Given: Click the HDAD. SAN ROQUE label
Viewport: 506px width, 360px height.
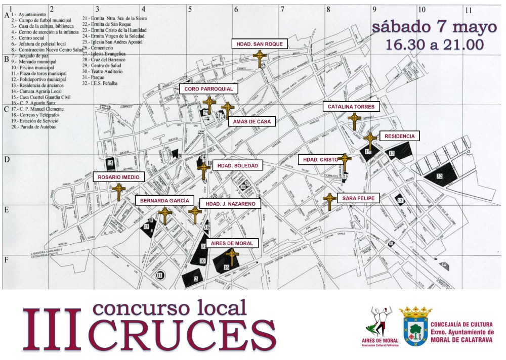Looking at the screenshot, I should tap(260, 44).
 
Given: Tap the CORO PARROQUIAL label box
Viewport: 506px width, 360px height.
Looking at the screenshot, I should tap(208, 89).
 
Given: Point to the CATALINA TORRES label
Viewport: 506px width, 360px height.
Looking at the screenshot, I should tap(351, 107).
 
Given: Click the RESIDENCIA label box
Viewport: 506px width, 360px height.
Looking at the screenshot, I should tap(399, 136).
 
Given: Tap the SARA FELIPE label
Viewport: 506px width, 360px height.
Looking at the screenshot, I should tap(358, 198).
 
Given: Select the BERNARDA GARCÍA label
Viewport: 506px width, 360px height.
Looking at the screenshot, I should tap(165, 200).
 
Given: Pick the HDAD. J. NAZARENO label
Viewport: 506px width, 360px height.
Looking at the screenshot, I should tap(231, 204).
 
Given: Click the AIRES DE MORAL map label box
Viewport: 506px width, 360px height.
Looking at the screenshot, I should tap(232, 243).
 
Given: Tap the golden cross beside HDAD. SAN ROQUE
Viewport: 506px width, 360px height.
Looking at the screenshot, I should tap(260, 59).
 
